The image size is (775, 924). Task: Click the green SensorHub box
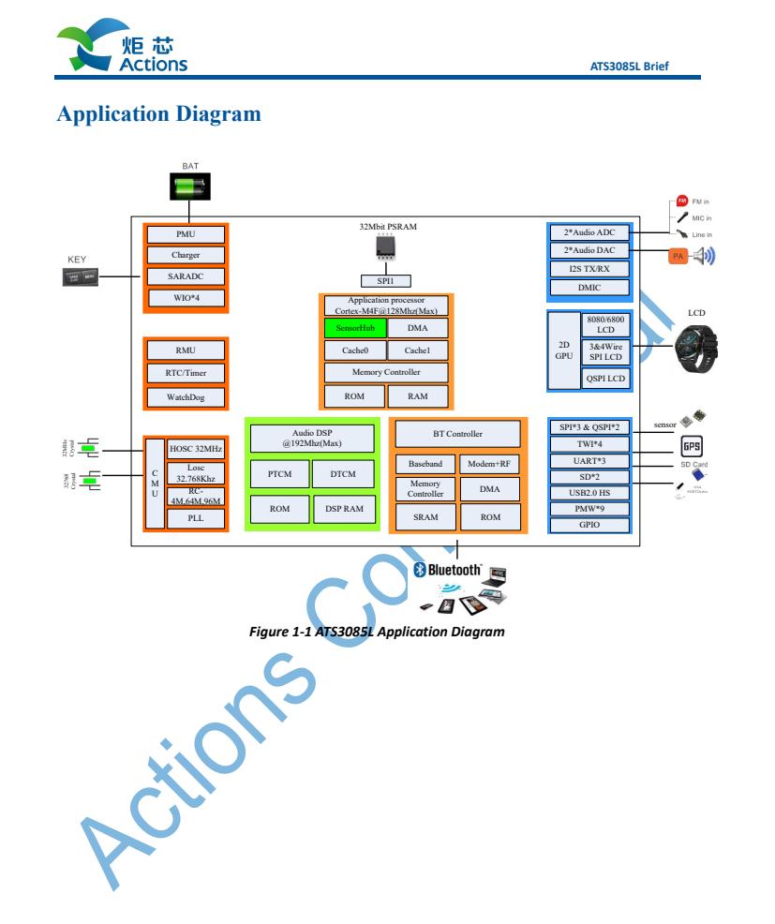tap(355, 328)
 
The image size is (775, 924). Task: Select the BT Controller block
tap(457, 434)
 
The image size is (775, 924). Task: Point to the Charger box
tap(186, 255)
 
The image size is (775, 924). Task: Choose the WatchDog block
tap(186, 396)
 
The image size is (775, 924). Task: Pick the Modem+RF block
tap(489, 464)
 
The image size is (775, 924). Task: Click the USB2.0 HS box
tap(590, 492)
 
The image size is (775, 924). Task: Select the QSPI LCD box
tap(606, 379)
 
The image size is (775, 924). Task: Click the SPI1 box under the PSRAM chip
tap(385, 280)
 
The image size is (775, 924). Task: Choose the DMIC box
tap(590, 288)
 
